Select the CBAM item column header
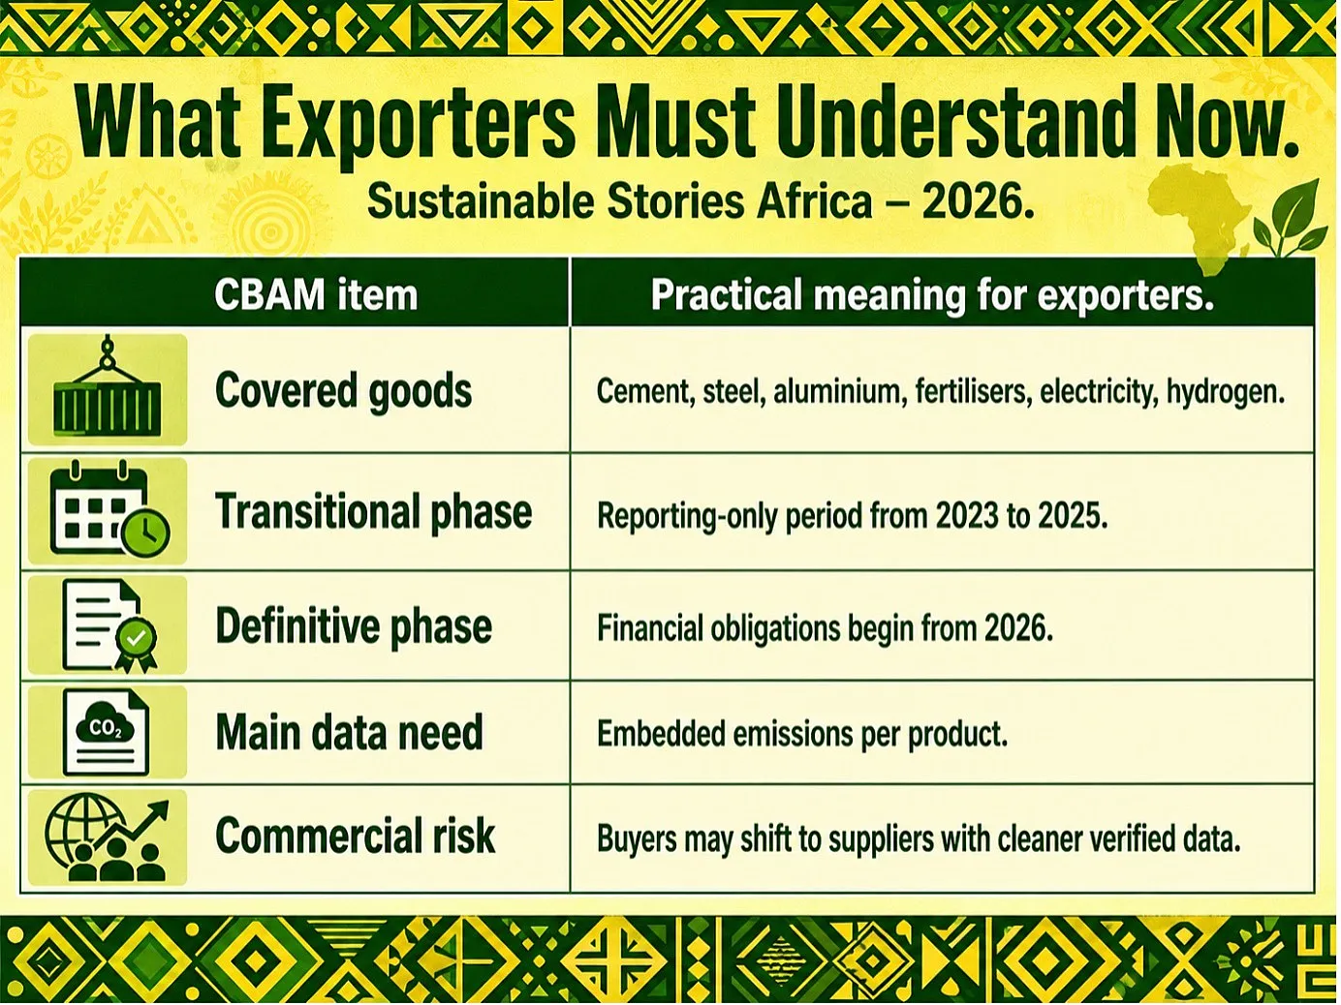point(316,294)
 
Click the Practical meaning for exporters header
point(932,294)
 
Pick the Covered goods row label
point(343,390)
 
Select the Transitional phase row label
point(373,511)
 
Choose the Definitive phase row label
point(354,626)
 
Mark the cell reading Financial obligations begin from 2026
point(825,628)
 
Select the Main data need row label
point(349,732)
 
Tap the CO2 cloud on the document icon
point(105,723)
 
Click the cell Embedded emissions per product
point(802,734)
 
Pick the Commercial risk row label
point(355,836)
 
